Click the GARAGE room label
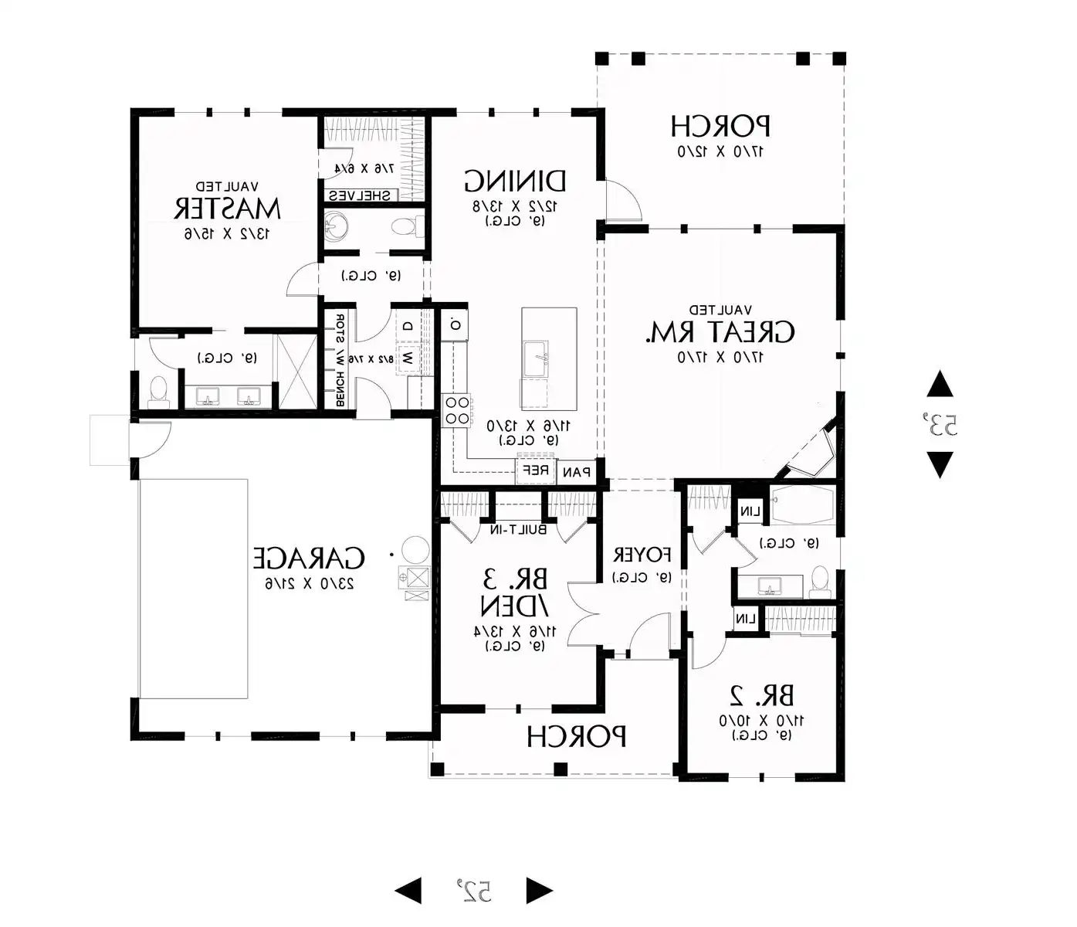point(309,558)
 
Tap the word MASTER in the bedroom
point(226,209)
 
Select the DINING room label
point(515,182)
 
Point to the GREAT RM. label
point(720,333)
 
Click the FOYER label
point(642,555)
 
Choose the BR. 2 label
point(761,696)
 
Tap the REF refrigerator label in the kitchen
point(536,470)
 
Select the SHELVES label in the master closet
point(360,195)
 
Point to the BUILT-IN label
point(518,530)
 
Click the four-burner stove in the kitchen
point(456,409)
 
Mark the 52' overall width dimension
point(473,891)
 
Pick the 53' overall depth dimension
point(940,424)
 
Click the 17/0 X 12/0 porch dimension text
point(720,151)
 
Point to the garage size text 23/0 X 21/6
point(309,583)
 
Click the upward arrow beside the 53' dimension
point(940,384)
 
